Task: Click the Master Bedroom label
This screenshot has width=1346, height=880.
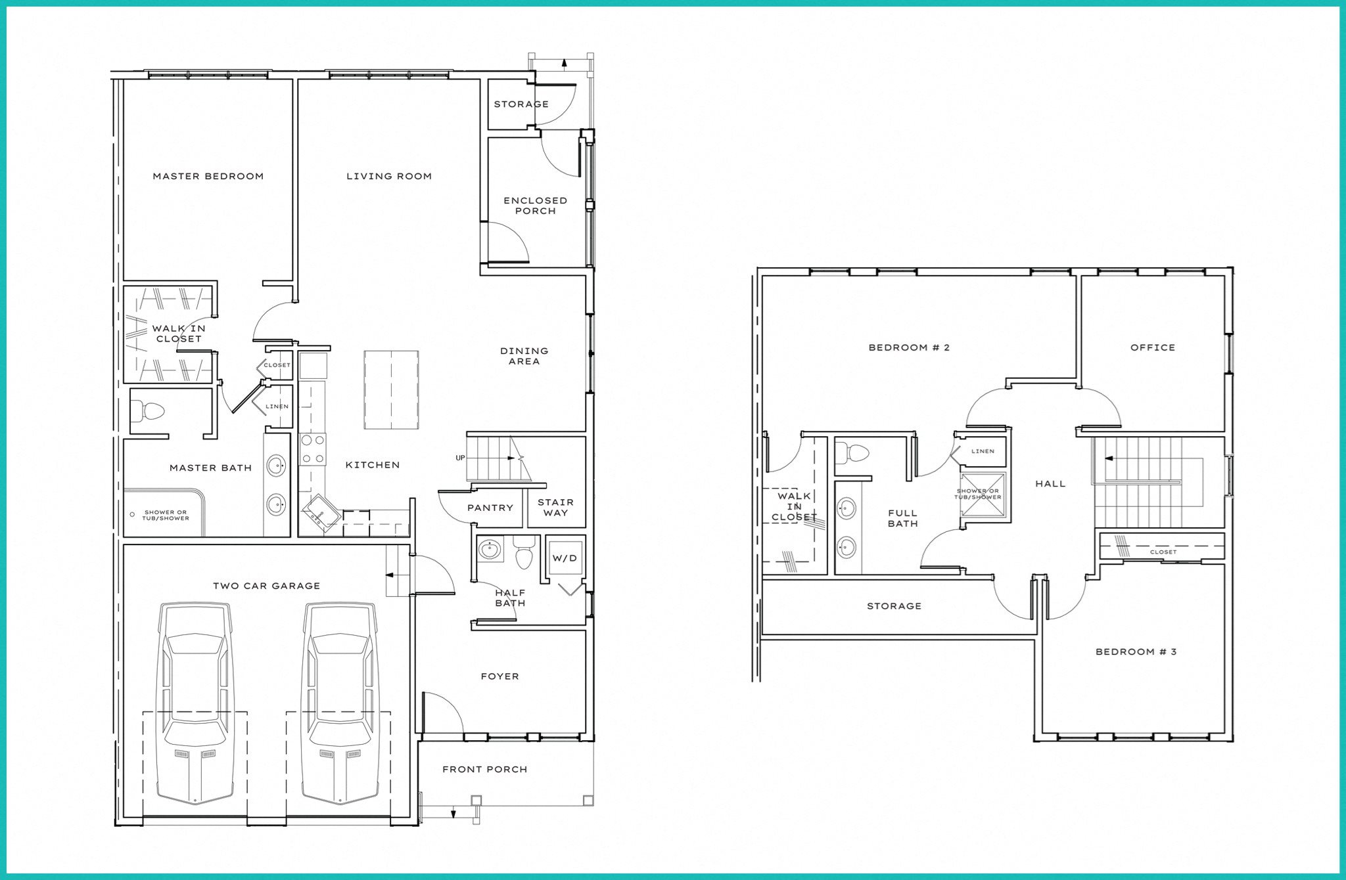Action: coord(208,176)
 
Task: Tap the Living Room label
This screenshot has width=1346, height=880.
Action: coord(389,176)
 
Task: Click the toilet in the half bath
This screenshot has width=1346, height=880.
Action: coord(524,554)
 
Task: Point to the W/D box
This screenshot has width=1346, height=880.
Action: coord(565,558)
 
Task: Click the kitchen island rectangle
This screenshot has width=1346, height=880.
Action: coord(392,389)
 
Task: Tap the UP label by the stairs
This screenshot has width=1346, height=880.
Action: coord(461,457)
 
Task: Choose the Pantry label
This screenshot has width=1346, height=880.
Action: coord(490,508)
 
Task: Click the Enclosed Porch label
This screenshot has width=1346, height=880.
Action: coord(535,206)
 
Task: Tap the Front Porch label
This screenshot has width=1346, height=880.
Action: coord(484,769)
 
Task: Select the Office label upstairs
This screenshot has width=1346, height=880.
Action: coord(1153,347)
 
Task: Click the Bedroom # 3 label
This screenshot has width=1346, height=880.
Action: coord(1136,651)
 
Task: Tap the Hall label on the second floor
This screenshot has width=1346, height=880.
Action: coord(1050,483)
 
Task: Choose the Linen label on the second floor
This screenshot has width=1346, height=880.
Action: coord(983,451)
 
